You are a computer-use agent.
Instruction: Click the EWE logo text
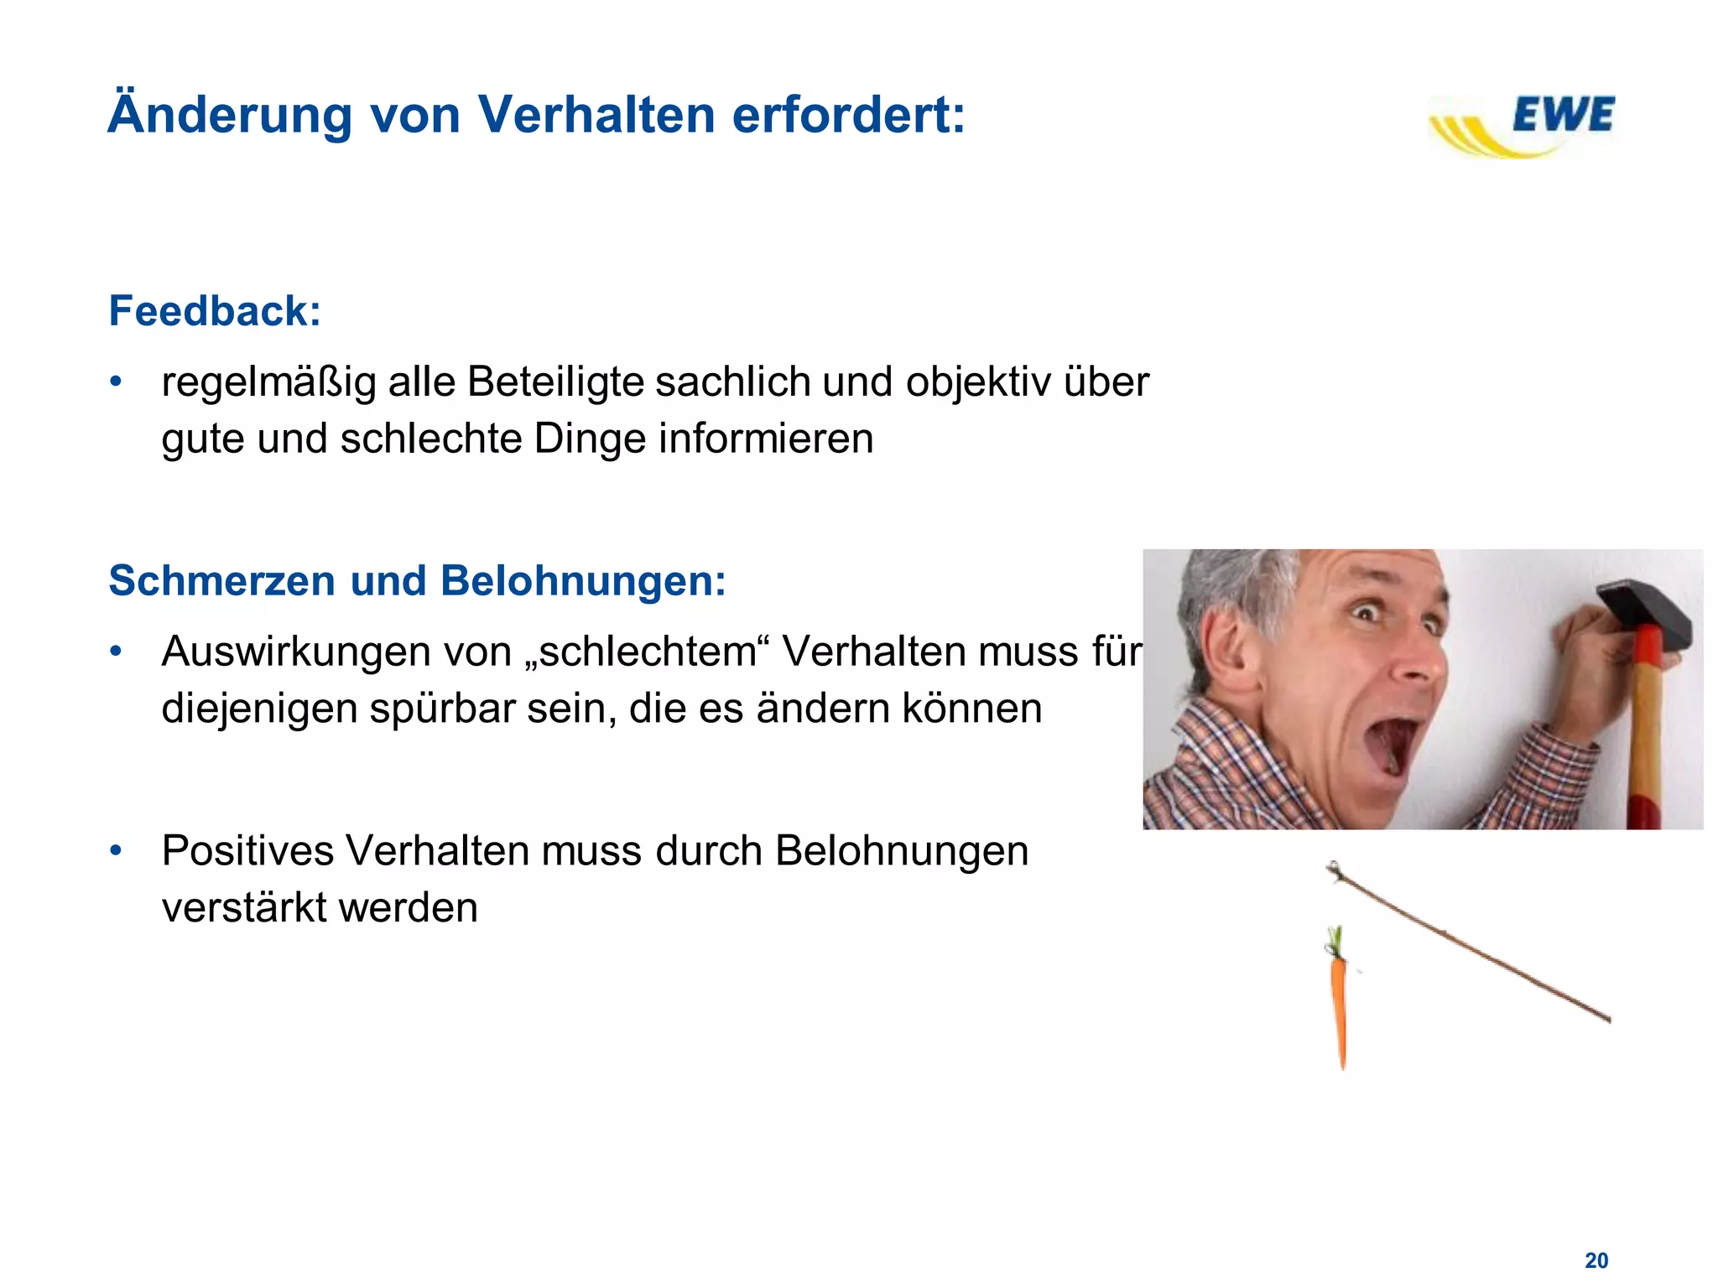[x=1563, y=115]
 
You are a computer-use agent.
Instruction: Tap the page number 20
[x=1596, y=1260]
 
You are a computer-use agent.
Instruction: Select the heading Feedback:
[x=215, y=311]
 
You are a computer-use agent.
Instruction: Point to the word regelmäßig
[x=268, y=383]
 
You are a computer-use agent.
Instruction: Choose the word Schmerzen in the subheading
[x=221, y=580]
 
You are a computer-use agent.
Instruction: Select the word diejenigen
[x=258, y=709]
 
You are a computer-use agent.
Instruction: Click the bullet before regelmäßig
[x=117, y=382]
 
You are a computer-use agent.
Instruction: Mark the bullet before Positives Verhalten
[x=117, y=851]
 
